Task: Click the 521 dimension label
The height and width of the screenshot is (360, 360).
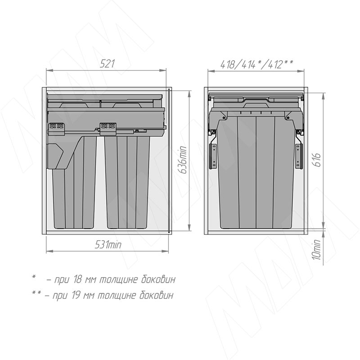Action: click(x=107, y=63)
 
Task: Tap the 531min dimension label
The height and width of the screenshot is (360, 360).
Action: click(x=108, y=245)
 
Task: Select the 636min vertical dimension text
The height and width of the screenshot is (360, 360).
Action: click(x=183, y=160)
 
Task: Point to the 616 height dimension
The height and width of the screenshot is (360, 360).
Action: click(x=317, y=160)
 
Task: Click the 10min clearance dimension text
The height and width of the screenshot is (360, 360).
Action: click(x=317, y=250)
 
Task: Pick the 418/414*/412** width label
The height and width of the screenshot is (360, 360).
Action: click(x=256, y=64)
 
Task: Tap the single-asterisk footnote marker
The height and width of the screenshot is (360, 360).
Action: click(x=34, y=276)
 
